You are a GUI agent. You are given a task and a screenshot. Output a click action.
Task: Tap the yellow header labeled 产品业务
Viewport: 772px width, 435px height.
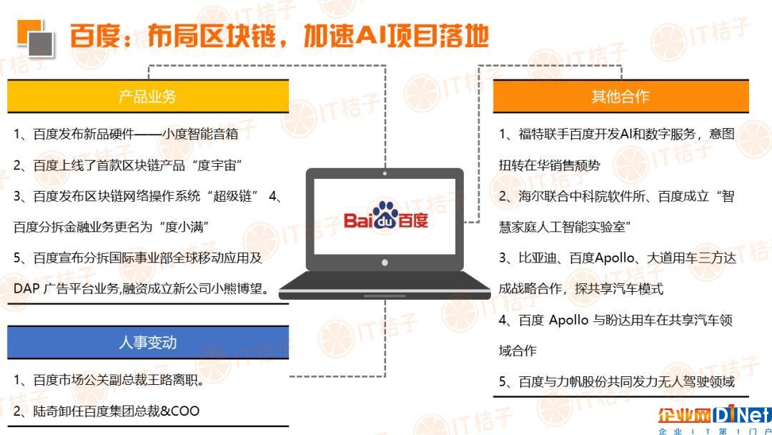(x=148, y=96)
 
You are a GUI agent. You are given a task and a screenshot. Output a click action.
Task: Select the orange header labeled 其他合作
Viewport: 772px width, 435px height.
(x=621, y=96)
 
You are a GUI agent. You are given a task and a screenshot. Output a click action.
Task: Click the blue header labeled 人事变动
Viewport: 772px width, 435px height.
(x=148, y=343)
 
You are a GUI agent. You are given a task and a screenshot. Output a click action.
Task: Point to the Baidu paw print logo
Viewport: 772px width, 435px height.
(x=385, y=215)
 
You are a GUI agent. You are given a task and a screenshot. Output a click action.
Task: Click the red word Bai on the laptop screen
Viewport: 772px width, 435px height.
(x=358, y=220)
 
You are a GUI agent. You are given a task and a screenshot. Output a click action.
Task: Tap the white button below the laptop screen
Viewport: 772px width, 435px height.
(x=385, y=263)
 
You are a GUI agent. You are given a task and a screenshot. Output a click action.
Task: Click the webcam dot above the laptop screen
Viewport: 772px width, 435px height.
(x=385, y=173)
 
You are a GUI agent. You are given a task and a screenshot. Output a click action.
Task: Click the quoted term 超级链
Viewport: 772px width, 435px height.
(x=232, y=196)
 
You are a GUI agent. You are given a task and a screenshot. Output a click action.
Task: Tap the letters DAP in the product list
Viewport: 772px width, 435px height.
(x=26, y=288)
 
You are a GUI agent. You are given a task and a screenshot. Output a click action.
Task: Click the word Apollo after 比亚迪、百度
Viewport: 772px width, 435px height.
(x=615, y=258)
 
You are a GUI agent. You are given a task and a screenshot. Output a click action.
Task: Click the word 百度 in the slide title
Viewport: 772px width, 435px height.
(x=95, y=36)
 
